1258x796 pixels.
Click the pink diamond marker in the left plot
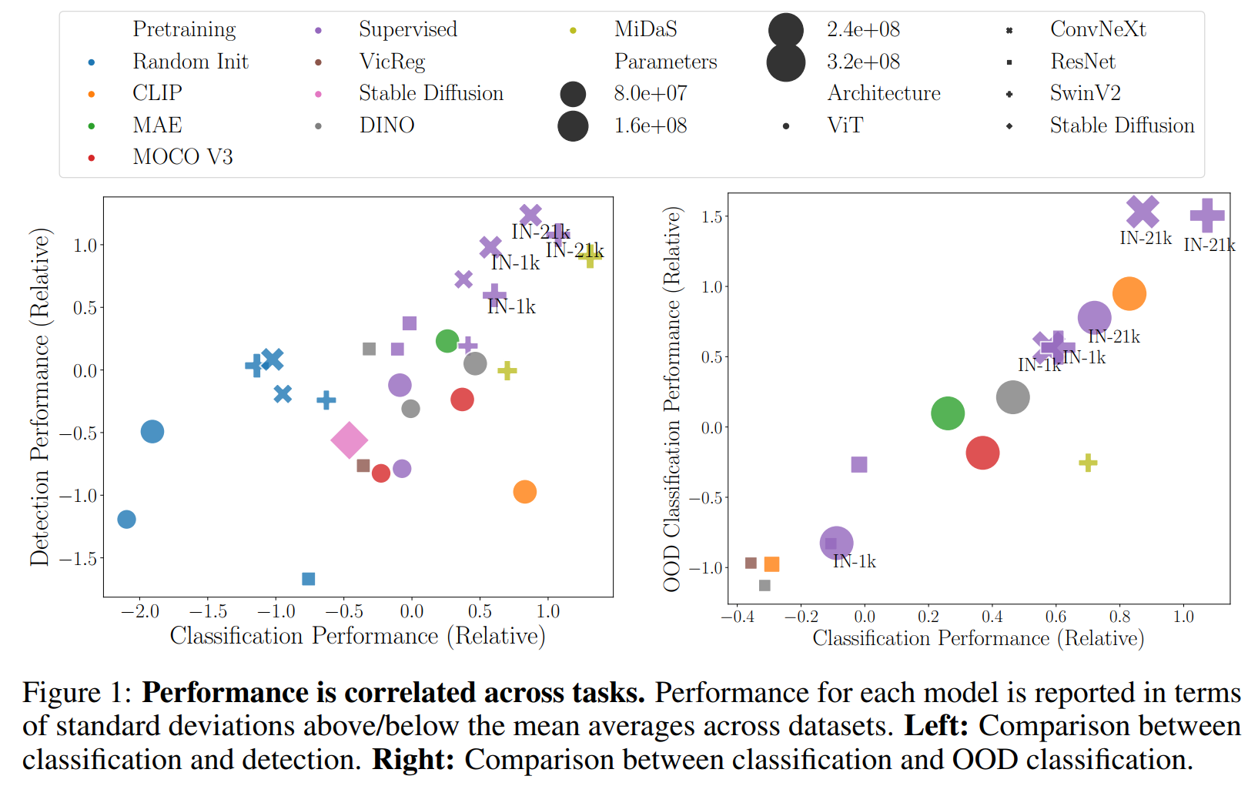tap(349, 440)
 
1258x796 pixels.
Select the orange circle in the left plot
tap(524, 492)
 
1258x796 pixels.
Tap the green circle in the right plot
tap(948, 413)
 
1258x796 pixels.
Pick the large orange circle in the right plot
tap(1129, 294)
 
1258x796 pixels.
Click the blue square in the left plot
tap(309, 579)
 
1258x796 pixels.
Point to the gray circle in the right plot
tap(1012, 397)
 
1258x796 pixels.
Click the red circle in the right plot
tap(982, 453)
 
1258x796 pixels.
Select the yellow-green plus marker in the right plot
tap(1088, 463)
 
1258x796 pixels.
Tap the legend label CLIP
tap(157, 93)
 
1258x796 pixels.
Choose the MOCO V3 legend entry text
tap(182, 157)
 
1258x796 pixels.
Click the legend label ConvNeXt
tap(1098, 29)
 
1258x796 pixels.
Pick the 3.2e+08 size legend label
tap(863, 62)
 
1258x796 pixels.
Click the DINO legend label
tap(386, 125)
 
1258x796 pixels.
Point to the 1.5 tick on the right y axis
tap(711, 217)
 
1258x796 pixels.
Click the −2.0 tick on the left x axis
tap(140, 612)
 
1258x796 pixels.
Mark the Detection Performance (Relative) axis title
tap(39, 396)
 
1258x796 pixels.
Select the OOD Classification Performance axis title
tap(672, 399)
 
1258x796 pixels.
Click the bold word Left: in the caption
tap(936, 726)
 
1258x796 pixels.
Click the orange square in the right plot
tap(771, 564)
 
